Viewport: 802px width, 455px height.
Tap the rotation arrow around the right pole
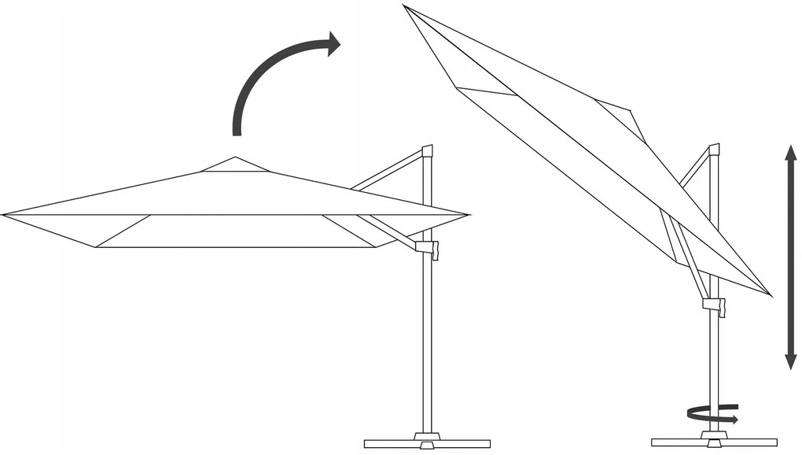point(712,413)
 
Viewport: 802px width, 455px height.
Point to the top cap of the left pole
point(427,150)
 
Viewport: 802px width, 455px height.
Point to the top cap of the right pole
point(714,149)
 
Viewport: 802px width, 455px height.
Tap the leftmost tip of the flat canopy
point(4,214)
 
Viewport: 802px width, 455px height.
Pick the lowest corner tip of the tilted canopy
point(771,295)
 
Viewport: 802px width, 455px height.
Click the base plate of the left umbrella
point(427,442)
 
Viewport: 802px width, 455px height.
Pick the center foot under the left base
point(427,446)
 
